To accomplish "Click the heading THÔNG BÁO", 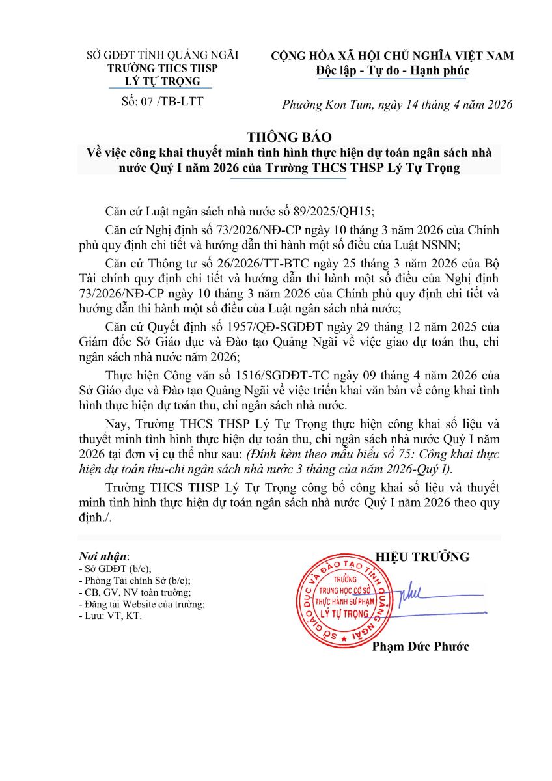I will click(289, 137).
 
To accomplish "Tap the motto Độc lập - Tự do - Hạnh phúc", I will click(392, 70).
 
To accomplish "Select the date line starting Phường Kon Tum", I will click(397, 104).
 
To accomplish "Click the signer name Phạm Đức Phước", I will click(420, 646).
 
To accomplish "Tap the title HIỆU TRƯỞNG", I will click(422, 556).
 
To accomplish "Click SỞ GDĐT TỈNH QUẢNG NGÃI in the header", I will click(163, 55).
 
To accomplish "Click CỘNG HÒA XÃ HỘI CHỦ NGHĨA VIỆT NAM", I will click(392, 56).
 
